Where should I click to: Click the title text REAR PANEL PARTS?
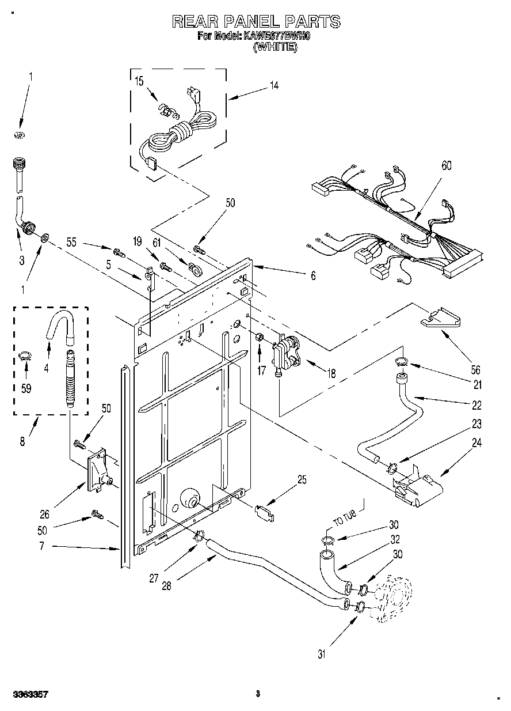pyautogui.click(x=256, y=22)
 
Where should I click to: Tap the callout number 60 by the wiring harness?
pyautogui.click(x=446, y=166)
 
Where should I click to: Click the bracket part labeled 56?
pyautogui.click(x=441, y=319)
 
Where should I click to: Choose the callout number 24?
pyautogui.click(x=476, y=443)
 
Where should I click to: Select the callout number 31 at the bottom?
pyautogui.click(x=322, y=653)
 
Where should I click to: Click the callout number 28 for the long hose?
pyautogui.click(x=166, y=587)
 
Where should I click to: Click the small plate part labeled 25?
pyautogui.click(x=264, y=512)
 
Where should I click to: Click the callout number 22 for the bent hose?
pyautogui.click(x=475, y=405)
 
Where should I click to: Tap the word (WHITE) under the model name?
pyautogui.click(x=275, y=49)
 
